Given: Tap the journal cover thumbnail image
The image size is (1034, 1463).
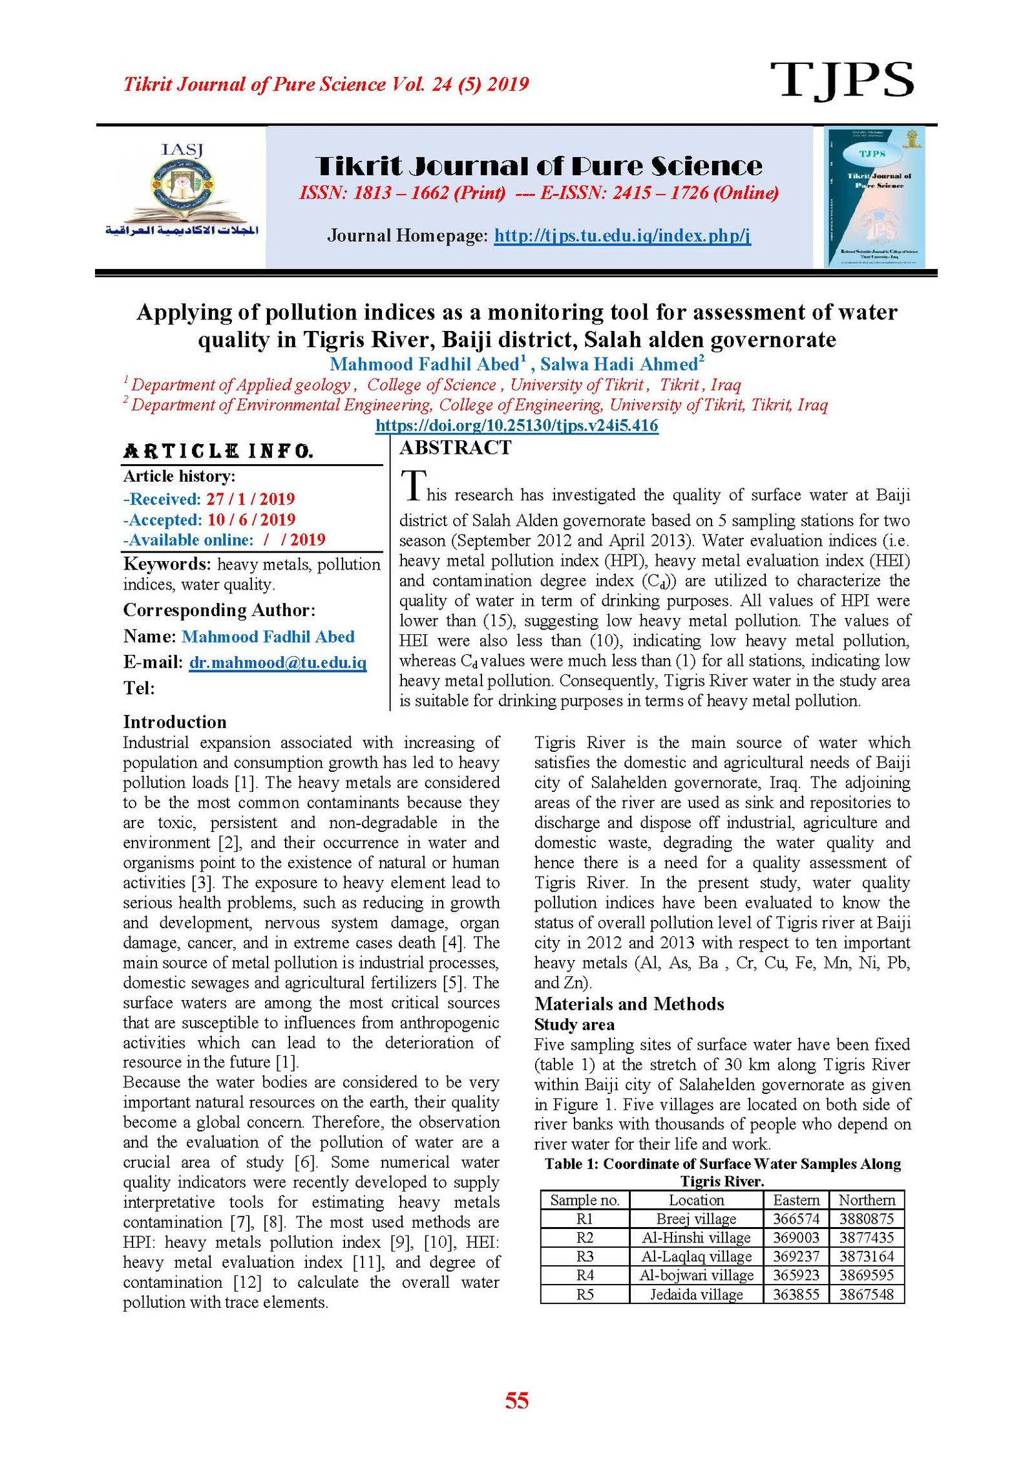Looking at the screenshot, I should (874, 197).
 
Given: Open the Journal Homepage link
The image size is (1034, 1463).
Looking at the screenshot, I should (622, 235).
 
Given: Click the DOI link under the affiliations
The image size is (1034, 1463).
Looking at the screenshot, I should (516, 425).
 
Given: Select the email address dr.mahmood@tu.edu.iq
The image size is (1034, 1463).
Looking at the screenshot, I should (277, 663).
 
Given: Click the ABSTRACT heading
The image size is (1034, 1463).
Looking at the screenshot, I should (456, 447).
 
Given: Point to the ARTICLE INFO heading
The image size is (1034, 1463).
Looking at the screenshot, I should (218, 451).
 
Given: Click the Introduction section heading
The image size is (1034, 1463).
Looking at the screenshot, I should (174, 721).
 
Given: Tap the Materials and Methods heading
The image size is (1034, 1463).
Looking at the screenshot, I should (629, 1003).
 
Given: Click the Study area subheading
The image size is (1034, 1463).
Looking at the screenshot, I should (574, 1024).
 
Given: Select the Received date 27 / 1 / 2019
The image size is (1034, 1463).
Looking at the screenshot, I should (250, 499).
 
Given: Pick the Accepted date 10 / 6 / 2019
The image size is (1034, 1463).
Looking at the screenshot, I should (251, 520).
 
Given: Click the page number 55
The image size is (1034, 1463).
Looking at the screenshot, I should (516, 1401).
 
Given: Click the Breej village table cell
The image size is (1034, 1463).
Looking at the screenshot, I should (696, 1219).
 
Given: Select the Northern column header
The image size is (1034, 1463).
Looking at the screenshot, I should (867, 1200).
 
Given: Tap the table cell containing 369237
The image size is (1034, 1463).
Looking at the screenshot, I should (796, 1256).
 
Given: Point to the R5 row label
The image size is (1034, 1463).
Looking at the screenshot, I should (584, 1294).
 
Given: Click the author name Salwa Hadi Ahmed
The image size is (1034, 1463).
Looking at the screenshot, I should (622, 364).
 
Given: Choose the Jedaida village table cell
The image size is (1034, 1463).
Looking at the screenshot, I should (696, 1294).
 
